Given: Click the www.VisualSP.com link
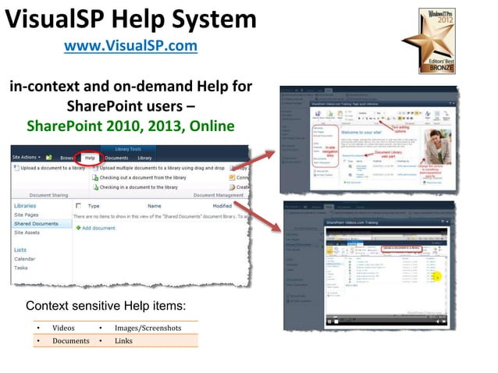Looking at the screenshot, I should point(130,46).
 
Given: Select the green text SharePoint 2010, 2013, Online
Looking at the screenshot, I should point(130,126).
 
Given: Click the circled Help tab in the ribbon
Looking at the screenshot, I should point(90,158).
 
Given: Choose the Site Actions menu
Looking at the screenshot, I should point(26,158).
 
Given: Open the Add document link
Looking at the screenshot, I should point(98,228).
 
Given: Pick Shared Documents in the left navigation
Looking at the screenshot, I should point(36,224).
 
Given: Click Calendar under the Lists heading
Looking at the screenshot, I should point(24,258).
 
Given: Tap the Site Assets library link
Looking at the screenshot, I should point(28,233).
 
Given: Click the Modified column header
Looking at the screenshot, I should point(222,206).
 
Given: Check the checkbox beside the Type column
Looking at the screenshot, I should point(78,206).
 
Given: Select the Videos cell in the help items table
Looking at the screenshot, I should point(64,328).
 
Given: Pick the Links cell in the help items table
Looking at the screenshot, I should point(123,341).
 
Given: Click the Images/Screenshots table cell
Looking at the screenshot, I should point(148,328).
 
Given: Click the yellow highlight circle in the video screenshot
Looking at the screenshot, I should point(437,275).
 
